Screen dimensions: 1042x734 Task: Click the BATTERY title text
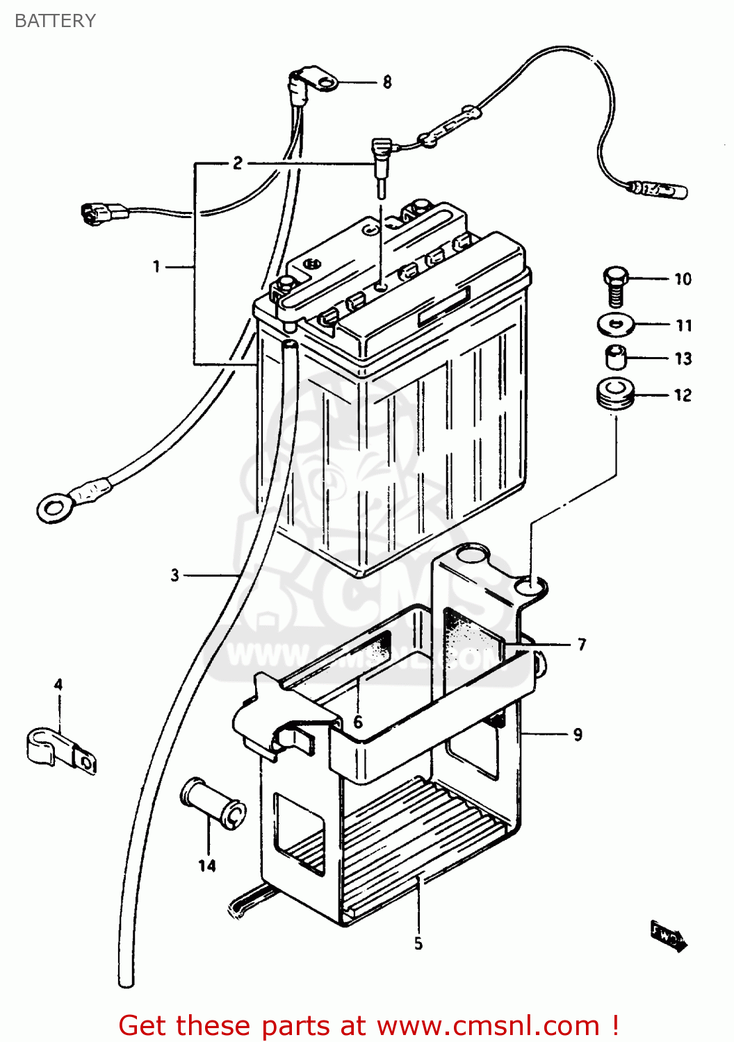pos(55,21)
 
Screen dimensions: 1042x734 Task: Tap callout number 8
pos(387,83)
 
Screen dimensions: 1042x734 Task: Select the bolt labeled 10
pos(614,285)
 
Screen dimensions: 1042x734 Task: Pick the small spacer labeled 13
pos(614,358)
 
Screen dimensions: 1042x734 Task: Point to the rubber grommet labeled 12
pos(614,394)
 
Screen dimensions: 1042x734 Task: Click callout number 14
pos(207,866)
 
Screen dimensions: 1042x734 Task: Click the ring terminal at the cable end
pos(54,508)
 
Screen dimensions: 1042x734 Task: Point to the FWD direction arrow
pos(668,936)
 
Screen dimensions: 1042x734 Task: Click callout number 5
pos(418,943)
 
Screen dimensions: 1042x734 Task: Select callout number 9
pos(578,734)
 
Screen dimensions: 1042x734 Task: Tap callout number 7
pos(582,645)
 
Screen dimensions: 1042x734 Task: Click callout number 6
pos(358,722)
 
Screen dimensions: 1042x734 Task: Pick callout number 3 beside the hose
pos(175,575)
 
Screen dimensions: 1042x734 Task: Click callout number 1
pos(157,266)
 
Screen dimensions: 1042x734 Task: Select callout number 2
pos(238,163)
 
